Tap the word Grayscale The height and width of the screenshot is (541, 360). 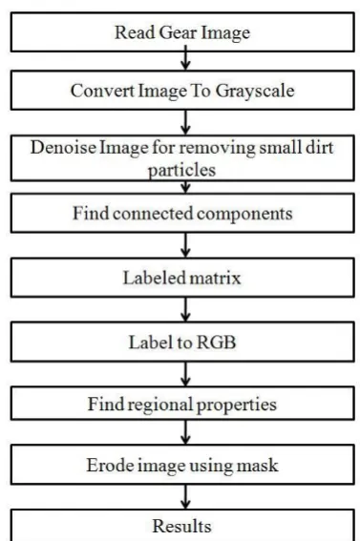[255, 92]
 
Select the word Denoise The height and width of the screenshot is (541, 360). [63, 148]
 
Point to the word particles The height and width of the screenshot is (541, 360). [181, 171]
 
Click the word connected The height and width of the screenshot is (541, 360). [153, 214]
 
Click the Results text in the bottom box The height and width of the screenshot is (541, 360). [181, 526]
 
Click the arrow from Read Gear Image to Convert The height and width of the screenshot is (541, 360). [185, 57]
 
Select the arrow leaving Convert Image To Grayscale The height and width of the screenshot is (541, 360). [185, 122]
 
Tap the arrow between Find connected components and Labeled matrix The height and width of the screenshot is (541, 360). [185, 245]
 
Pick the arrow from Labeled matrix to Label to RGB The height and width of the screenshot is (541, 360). [185, 309]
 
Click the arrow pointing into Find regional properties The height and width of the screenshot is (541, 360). [185, 374]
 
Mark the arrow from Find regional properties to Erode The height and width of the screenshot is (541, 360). [185, 432]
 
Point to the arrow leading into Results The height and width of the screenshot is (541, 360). [185, 497]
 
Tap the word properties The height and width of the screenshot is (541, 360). [237, 406]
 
